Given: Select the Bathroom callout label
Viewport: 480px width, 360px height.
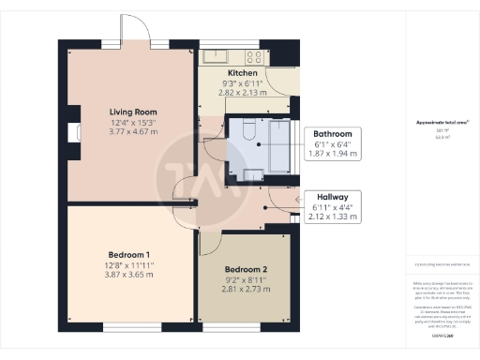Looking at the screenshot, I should tap(332, 134).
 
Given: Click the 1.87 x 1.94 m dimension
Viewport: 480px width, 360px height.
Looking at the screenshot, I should tap(332, 155).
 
